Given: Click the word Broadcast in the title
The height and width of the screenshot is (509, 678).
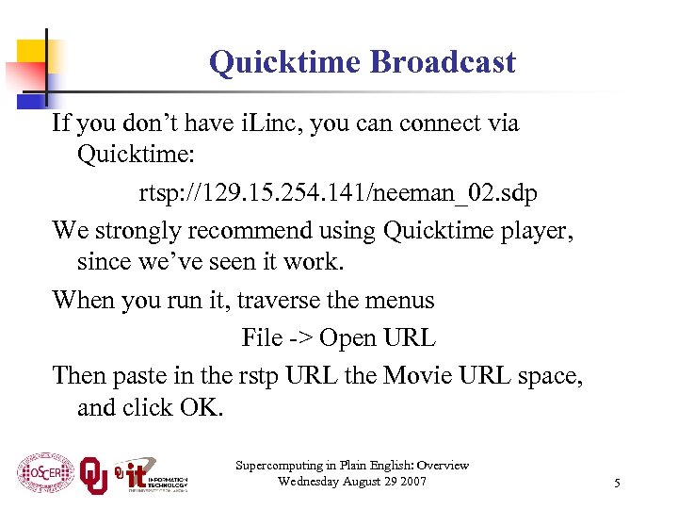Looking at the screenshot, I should point(443,62).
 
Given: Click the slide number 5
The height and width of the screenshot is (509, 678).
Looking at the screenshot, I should point(617,484).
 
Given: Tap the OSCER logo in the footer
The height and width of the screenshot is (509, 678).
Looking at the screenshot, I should point(45,471).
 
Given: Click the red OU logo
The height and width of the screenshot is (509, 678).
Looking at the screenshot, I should point(94,473).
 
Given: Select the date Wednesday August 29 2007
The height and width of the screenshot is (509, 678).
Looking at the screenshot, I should point(352,482).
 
